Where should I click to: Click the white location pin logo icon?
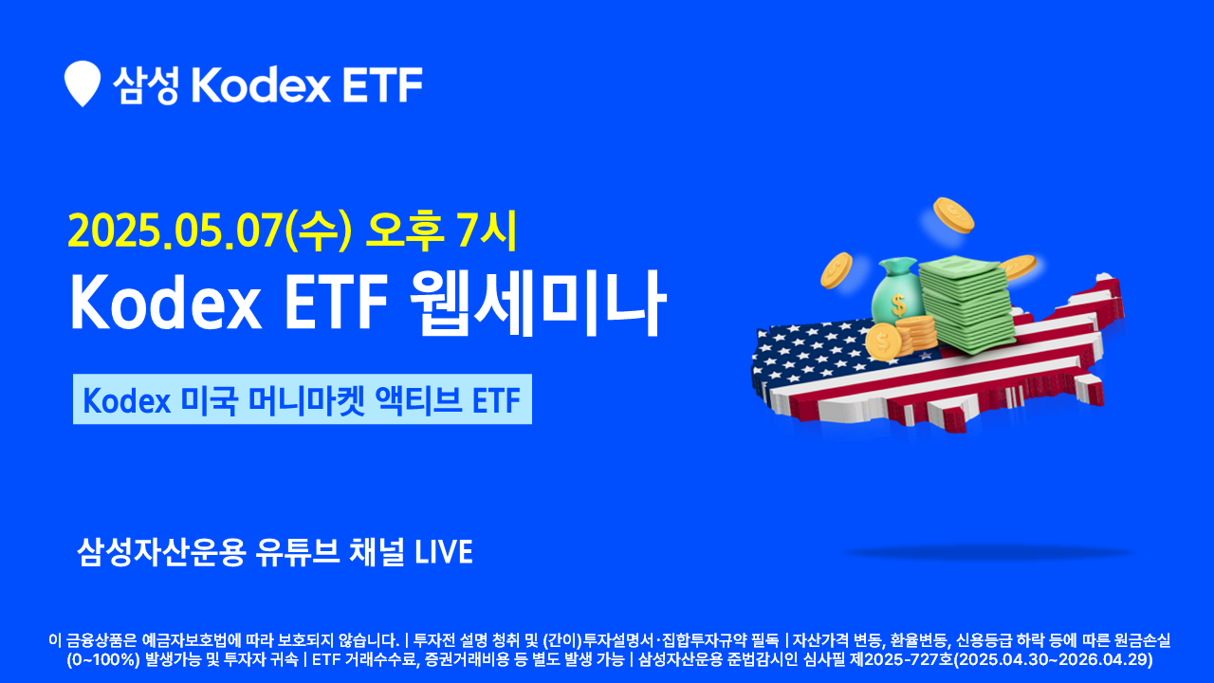[82, 83]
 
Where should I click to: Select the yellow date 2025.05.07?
[175, 231]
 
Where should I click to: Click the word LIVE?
[444, 552]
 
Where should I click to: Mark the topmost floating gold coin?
[953, 215]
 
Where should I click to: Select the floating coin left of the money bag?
[837, 270]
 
